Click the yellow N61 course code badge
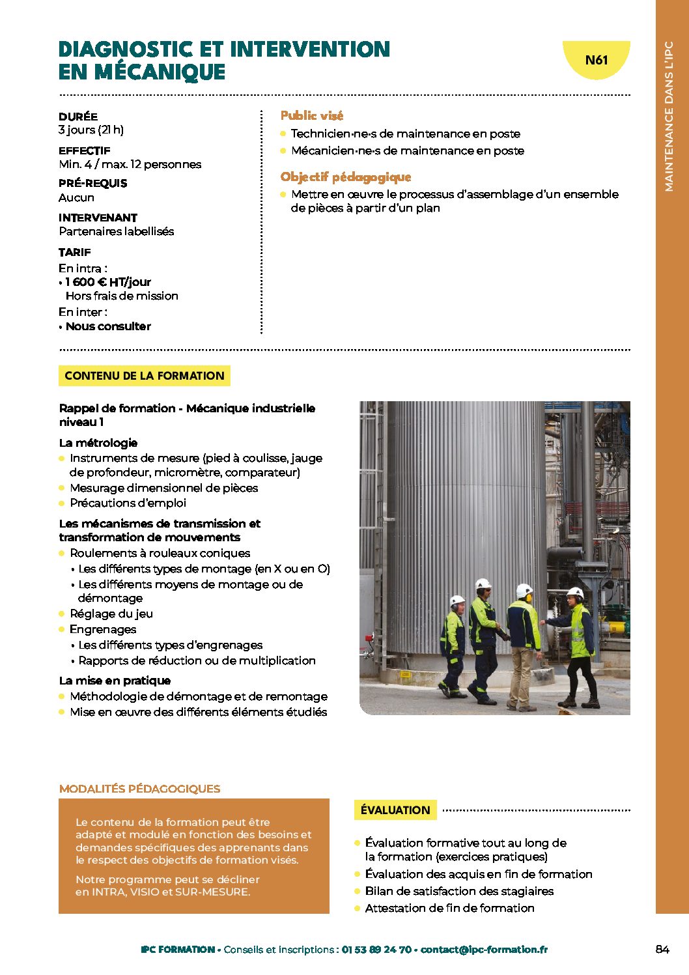tap(596, 60)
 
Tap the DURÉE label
tap(78, 117)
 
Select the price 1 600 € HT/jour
tap(108, 282)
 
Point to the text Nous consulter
tap(108, 326)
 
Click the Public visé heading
tap(311, 115)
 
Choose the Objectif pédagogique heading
tap(345, 177)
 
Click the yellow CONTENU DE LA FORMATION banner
tap(144, 376)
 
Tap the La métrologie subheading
tap(98, 443)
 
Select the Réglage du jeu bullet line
tap(111, 614)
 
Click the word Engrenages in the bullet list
tap(103, 629)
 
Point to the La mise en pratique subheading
tap(115, 681)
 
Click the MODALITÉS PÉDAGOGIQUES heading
tap(139, 789)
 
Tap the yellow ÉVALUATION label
tap(395, 810)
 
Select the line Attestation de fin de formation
tap(449, 908)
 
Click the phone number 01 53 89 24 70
tap(376, 950)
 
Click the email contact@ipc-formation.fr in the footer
tap(484, 950)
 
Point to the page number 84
tap(662, 950)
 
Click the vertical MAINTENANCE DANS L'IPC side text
tap(669, 117)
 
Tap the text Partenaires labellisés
tap(117, 231)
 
